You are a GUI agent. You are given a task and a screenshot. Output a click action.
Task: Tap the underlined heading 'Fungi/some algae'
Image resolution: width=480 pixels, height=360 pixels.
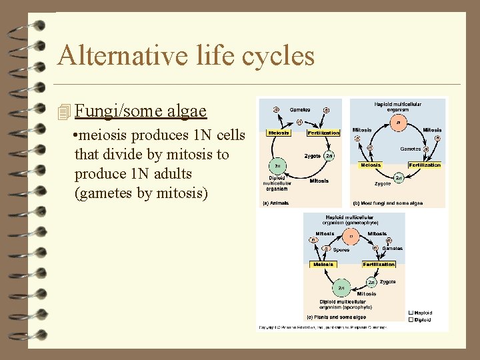pyautogui.click(x=141, y=111)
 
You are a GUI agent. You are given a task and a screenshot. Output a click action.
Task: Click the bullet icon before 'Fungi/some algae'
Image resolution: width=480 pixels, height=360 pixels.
pyautogui.click(x=64, y=112)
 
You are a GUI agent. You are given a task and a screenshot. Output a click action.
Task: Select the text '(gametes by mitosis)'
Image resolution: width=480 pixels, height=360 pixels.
pyautogui.click(x=142, y=193)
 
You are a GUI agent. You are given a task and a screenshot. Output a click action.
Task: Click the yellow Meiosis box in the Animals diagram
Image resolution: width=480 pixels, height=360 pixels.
pyautogui.click(x=279, y=133)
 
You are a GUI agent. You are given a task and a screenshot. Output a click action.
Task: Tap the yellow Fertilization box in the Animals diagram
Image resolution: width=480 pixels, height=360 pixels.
pyautogui.click(x=323, y=133)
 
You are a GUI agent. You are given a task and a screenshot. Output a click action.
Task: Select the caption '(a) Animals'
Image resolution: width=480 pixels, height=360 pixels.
pyautogui.click(x=275, y=203)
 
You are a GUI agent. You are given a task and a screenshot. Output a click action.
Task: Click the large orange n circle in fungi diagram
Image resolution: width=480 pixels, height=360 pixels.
pyautogui.click(x=399, y=123)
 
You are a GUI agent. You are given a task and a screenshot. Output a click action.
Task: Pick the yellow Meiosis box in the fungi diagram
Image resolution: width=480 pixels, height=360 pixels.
pyautogui.click(x=370, y=165)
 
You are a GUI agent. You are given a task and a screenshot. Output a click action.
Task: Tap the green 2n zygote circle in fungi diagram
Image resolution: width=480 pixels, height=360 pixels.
pyautogui.click(x=399, y=178)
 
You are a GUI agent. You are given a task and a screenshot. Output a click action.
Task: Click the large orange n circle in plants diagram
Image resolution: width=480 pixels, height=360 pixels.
pyautogui.click(x=351, y=236)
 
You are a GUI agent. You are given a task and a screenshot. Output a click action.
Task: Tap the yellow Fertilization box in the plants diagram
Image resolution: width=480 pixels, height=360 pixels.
pyautogui.click(x=379, y=264)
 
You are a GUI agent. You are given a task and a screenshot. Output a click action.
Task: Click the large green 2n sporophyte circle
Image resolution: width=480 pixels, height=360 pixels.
pyautogui.click(x=341, y=287)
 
